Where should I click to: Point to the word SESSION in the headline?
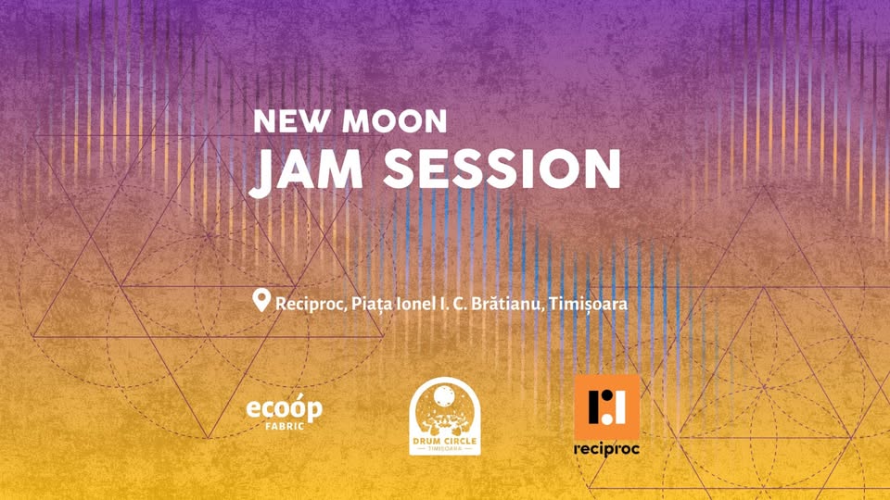[501, 169]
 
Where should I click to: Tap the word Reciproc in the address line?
[308, 304]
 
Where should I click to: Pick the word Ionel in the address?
[413, 303]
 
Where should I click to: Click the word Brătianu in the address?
[507, 303]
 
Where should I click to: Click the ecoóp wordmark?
[284, 408]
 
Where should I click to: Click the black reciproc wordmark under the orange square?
[606, 449]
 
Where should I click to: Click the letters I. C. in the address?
[453, 303]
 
